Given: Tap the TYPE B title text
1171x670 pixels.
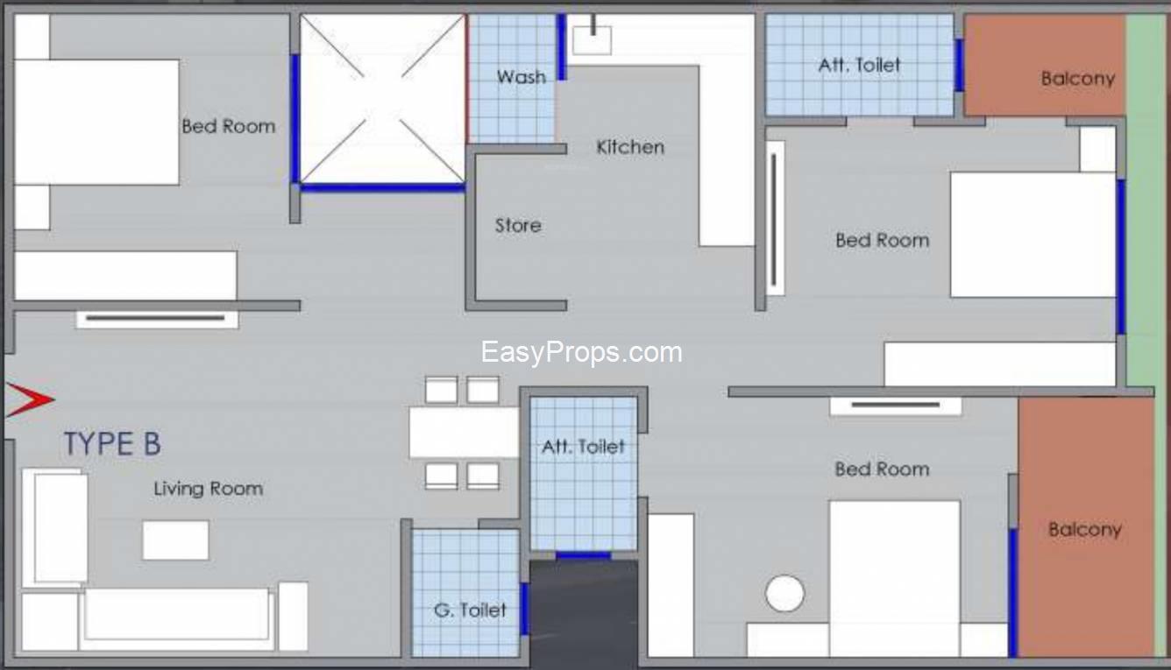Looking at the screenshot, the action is (112, 444).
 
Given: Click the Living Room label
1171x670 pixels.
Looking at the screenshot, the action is (208, 489).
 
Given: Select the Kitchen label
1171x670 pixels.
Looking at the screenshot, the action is (630, 147).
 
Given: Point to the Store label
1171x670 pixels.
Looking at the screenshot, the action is (518, 226).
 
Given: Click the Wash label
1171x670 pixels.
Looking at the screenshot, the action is (522, 77).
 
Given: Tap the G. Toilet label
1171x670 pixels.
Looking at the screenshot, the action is (470, 610).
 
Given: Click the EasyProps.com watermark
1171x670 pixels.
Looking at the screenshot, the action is (581, 352).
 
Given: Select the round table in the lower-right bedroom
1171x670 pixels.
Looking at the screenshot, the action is (784, 593).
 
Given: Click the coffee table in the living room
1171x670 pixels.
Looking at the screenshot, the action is (175, 540).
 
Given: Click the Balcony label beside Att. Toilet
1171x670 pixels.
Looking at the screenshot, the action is (1078, 79).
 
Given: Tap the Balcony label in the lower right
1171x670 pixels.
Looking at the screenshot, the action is (1085, 530).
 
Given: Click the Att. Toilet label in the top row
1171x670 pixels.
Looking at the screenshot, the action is (859, 66).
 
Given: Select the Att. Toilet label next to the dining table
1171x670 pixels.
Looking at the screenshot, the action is (583, 447).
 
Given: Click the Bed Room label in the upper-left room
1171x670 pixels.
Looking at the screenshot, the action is (229, 126).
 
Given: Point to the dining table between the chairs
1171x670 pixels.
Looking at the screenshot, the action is (465, 433).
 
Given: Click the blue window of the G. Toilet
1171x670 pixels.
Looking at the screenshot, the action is (524, 609).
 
